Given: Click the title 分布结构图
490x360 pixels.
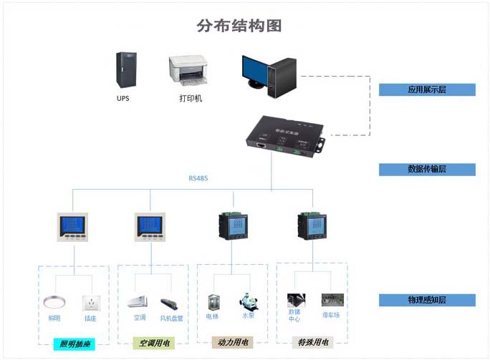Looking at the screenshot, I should click(239, 26).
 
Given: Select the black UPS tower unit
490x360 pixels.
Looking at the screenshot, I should click(125, 70).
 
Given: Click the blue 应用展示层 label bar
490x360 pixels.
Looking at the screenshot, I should click(427, 89).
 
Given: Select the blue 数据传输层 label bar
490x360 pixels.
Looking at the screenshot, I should click(427, 170).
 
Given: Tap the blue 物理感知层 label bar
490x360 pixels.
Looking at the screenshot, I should click(427, 300).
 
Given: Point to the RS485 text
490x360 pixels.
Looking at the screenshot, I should click(198, 178).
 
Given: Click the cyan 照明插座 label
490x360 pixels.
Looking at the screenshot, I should click(75, 344).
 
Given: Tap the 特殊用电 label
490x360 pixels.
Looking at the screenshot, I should click(313, 343).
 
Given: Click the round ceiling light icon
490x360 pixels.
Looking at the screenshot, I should click(54, 302).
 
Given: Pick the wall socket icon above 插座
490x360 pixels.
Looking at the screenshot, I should click(90, 302).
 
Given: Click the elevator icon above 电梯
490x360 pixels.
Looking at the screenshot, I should click(213, 301).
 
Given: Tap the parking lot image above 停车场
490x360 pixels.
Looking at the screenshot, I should click(330, 300).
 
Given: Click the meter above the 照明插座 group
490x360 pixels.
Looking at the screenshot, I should click(72, 227).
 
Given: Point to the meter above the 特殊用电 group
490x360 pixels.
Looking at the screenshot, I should click(312, 228).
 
